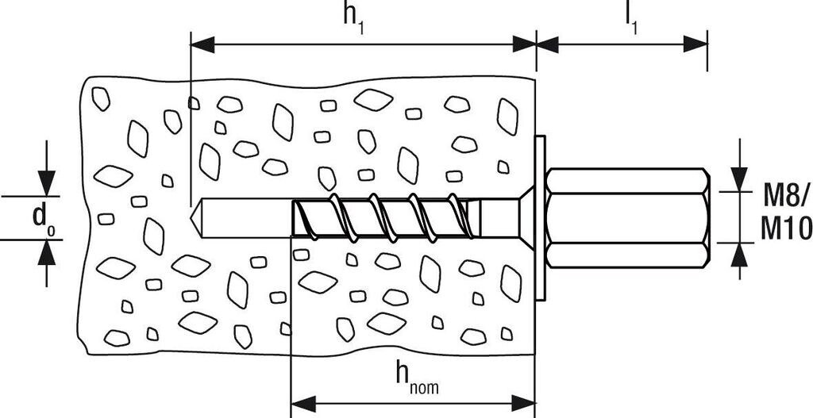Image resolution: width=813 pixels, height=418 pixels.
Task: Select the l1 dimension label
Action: point(632,17)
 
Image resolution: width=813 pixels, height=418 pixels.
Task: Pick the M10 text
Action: point(785,230)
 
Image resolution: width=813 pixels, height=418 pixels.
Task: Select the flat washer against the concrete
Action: point(541,217)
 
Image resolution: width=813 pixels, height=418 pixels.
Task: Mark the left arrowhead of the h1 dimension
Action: point(201,44)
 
